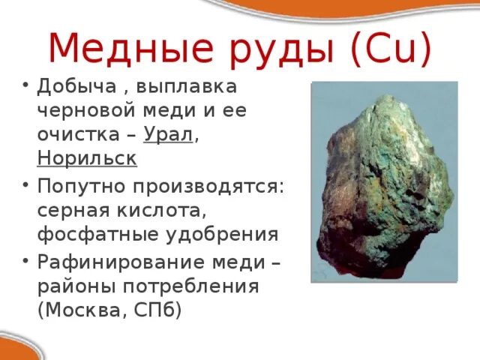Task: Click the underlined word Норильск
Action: [x=87, y=160]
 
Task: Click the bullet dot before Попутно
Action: [x=25, y=184]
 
